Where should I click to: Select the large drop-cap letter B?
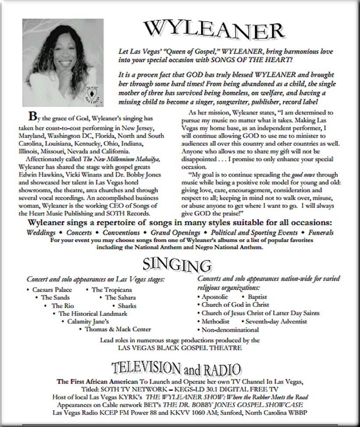point(32,116)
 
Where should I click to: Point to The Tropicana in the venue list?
point(111,290)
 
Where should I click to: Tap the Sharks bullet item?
point(127,306)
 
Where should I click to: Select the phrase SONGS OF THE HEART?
point(261,59)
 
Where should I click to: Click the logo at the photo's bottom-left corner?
point(33,99)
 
